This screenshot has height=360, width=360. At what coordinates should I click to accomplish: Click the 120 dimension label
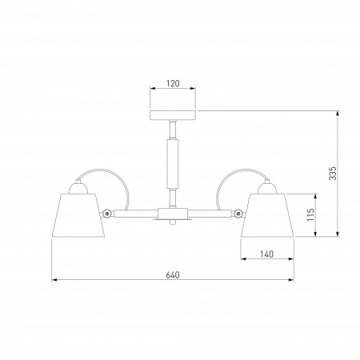pyautogui.click(x=173, y=83)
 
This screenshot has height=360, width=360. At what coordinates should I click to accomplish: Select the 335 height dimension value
pyautogui.click(x=333, y=174)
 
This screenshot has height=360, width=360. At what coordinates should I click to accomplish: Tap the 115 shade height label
pyautogui.click(x=310, y=214)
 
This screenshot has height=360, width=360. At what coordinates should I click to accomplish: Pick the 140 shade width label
pyautogui.click(x=267, y=254)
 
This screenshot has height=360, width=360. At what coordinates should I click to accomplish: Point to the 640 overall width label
pyautogui.click(x=173, y=275)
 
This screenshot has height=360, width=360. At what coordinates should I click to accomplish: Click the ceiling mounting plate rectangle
pyautogui.click(x=173, y=115)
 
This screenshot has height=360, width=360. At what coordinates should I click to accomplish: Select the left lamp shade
pyautogui.click(x=78, y=215)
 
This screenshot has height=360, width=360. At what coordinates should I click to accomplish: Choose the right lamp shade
pyautogui.click(x=267, y=215)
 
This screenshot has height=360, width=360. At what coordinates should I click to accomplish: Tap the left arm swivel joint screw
pyautogui.click(x=107, y=214)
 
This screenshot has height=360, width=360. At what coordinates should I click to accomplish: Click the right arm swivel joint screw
pyautogui.click(x=238, y=213)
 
